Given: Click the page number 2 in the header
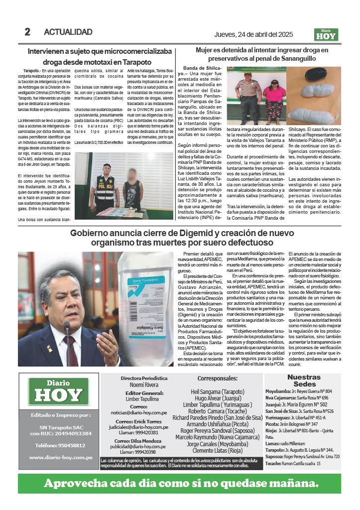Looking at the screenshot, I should click(28, 32).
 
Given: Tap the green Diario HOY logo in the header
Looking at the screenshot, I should click(326, 34).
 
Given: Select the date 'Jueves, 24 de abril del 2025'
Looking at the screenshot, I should click(258, 34).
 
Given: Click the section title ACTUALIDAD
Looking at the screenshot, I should click(68, 32).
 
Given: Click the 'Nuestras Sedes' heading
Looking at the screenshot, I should click(304, 381).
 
